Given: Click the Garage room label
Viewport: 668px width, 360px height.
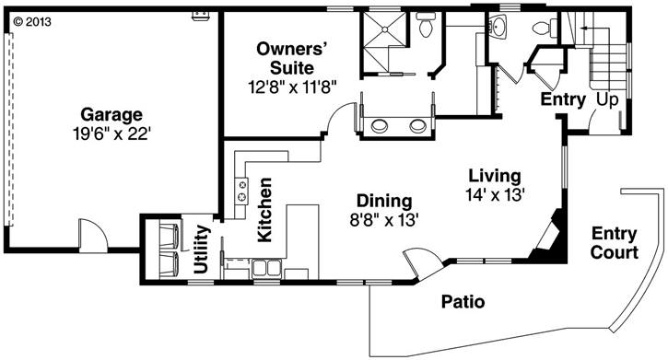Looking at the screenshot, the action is [x=111, y=115].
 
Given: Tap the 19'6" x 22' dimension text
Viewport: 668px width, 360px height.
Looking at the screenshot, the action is [x=112, y=134].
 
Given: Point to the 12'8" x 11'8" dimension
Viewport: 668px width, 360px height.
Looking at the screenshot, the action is [x=292, y=87].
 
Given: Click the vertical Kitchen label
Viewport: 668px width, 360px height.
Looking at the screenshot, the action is [x=264, y=210].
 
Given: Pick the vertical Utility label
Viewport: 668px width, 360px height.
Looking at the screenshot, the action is [x=201, y=249].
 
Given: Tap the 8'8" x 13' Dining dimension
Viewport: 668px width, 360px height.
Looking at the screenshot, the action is [x=385, y=220].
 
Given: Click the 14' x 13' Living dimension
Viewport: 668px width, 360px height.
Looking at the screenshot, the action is [x=495, y=194].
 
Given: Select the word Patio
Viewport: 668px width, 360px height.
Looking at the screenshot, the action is [x=463, y=302].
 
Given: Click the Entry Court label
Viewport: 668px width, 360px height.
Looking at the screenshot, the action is [x=615, y=242].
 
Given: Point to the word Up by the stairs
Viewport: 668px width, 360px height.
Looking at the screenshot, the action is [x=607, y=99].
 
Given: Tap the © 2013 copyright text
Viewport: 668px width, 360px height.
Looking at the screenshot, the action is [x=32, y=21].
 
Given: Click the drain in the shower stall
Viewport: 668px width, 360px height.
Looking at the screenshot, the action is [x=385, y=29].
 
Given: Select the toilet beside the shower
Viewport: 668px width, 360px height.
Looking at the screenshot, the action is [x=426, y=25].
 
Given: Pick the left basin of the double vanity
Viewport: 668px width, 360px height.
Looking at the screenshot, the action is [x=379, y=125].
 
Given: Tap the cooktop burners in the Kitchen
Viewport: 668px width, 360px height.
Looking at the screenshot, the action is [x=242, y=191].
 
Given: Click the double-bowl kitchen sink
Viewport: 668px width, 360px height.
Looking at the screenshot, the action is [x=266, y=268].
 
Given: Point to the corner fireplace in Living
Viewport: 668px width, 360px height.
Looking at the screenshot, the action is [x=550, y=236].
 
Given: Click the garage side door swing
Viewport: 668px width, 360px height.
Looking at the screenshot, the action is [x=93, y=233].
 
